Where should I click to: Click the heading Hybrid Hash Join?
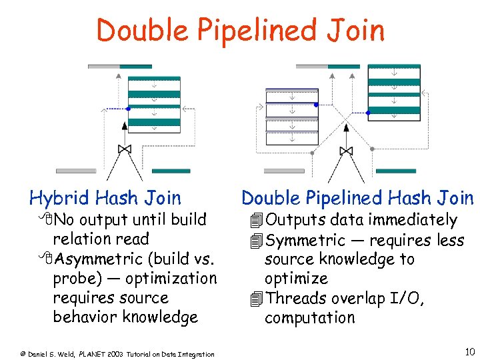105,198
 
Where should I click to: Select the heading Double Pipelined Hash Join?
357,198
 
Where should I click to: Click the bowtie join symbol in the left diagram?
124,149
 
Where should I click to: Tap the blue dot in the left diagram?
129,108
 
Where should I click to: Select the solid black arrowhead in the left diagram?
124,125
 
